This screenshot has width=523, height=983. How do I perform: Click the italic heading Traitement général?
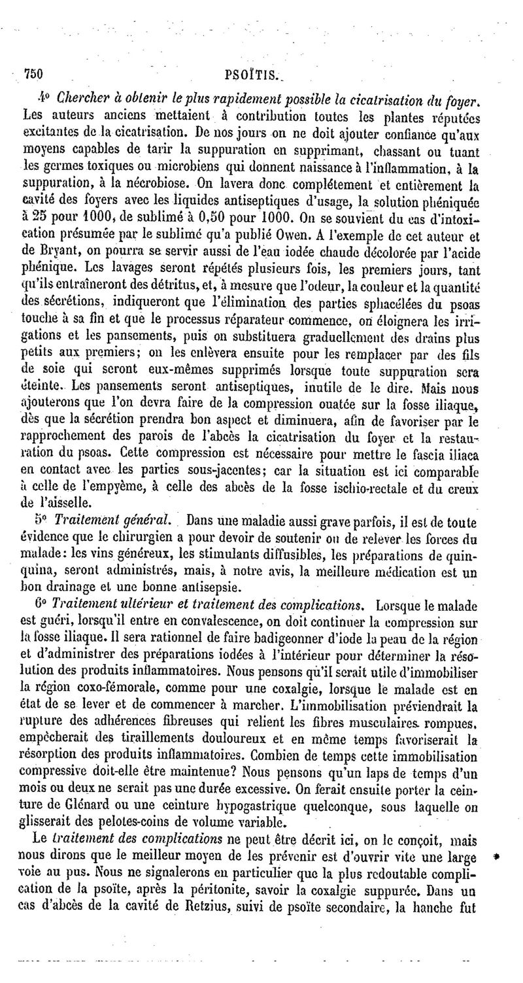[112, 519]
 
